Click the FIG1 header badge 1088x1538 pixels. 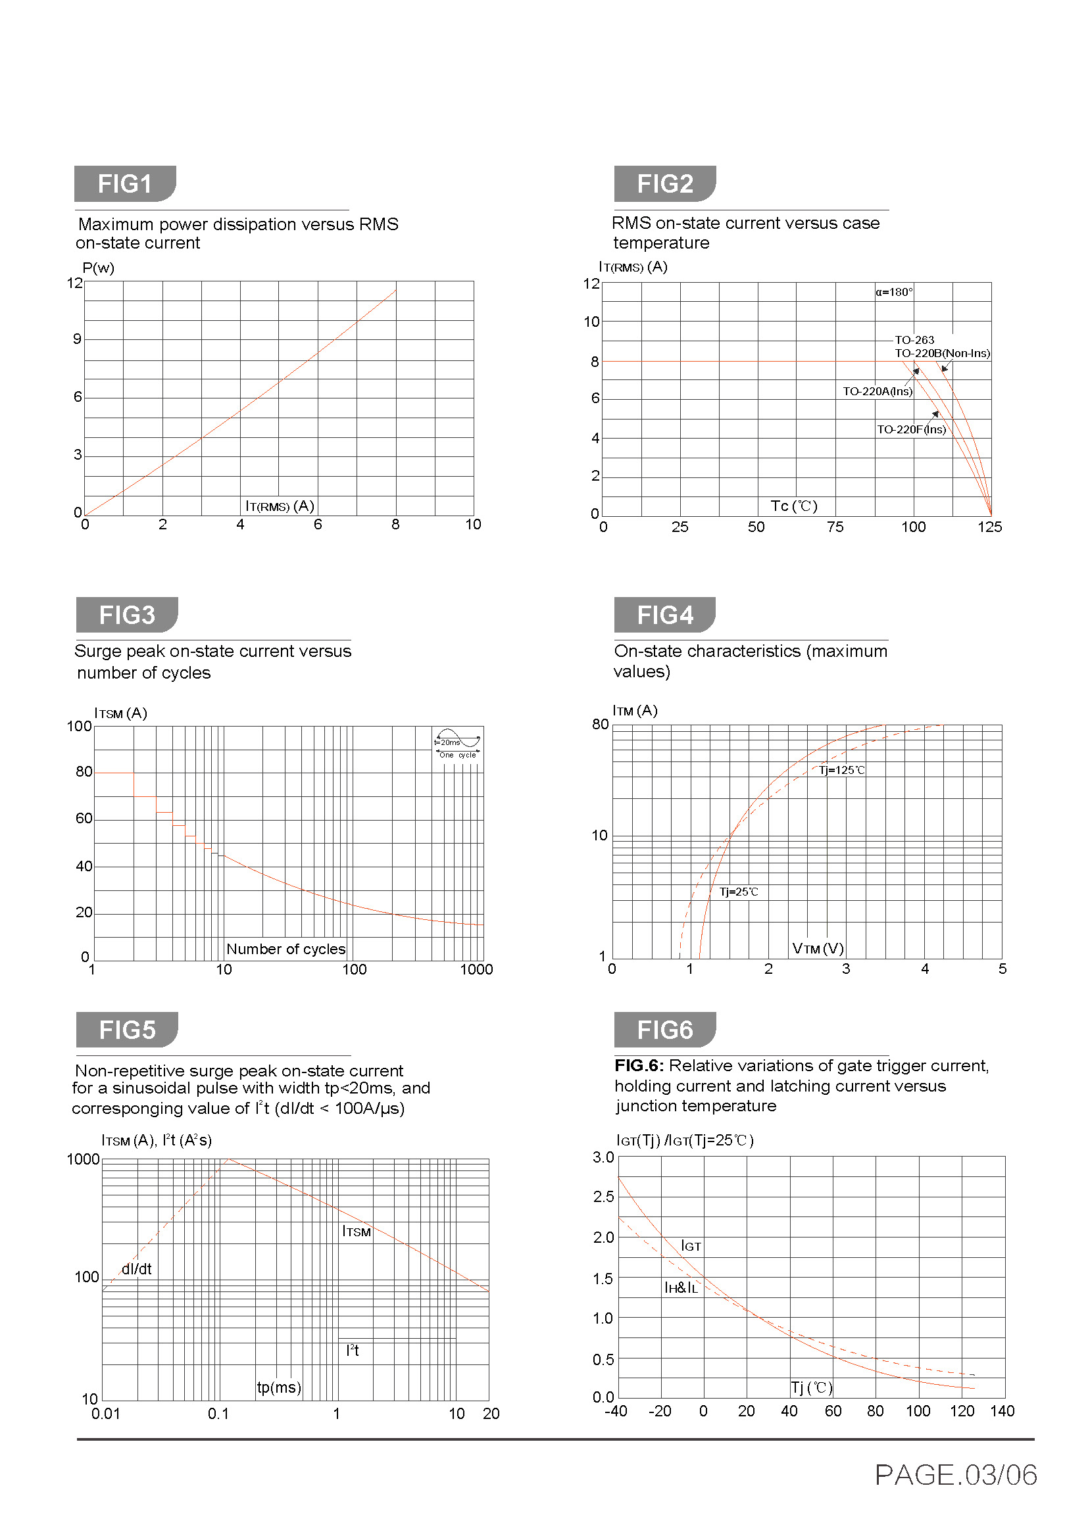coord(124,183)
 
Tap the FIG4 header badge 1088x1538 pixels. coord(664,614)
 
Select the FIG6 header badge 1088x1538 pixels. coord(664,1030)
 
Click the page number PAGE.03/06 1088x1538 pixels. coord(955,1474)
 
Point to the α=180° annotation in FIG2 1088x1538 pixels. coord(894,292)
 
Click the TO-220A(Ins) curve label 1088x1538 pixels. coord(877,391)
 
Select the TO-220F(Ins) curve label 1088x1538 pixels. coord(911,429)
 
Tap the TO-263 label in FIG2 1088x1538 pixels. coord(914,339)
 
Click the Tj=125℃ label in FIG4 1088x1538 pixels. coord(841,771)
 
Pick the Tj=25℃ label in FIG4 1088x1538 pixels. coord(738,892)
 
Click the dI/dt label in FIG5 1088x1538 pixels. coord(137,1268)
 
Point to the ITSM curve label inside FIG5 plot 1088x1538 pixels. coord(357,1231)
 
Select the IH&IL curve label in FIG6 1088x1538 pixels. coord(681,1287)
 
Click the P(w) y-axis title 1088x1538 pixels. coord(99,268)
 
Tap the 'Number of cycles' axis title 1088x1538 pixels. coord(286,949)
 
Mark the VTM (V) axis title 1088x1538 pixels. coord(818,948)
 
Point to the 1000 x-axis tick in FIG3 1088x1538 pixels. coord(476,969)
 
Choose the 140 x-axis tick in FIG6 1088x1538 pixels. coord(1002,1410)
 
